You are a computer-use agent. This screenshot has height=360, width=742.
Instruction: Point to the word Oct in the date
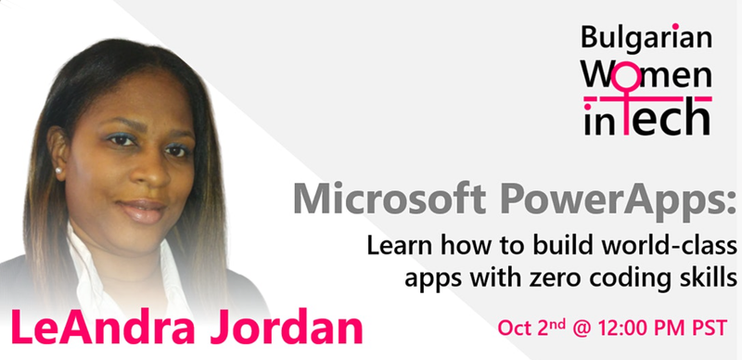point(515,328)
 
